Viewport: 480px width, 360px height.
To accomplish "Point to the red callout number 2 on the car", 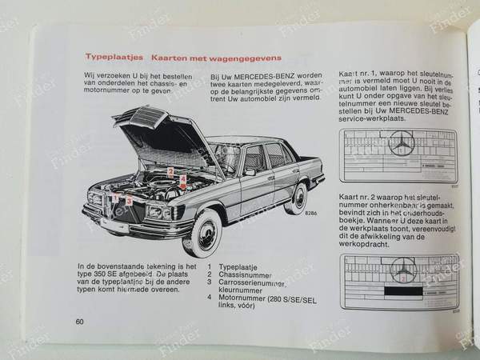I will (x=170, y=171).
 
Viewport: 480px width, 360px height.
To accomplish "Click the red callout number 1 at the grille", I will (x=115, y=197).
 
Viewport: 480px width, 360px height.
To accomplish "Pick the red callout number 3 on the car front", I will (x=130, y=201).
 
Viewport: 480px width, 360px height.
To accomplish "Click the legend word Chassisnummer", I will (x=243, y=274).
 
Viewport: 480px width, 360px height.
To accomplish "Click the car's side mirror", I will (x=250, y=172).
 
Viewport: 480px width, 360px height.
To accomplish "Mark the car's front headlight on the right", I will (x=155, y=211).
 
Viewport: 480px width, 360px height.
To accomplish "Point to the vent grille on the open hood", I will (x=146, y=118).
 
